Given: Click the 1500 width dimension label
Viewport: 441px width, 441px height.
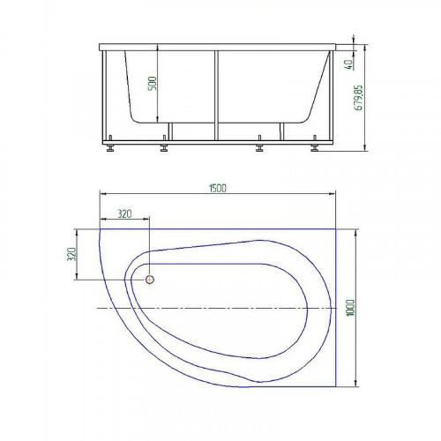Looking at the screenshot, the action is (218, 188).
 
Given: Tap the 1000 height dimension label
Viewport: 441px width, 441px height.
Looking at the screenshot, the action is (350, 308).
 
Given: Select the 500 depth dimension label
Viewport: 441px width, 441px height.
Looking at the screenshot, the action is (153, 84).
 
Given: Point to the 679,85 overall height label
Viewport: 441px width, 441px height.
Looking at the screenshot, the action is (359, 98).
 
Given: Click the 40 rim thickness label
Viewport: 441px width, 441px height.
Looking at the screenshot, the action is (348, 64).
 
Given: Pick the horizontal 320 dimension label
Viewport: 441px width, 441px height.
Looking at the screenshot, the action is (124, 213).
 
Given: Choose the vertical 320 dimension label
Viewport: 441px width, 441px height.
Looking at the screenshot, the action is (71, 254).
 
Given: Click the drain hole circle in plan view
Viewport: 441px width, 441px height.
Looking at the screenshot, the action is (150, 280).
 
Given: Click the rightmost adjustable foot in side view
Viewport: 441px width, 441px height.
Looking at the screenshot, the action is (315, 144).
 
